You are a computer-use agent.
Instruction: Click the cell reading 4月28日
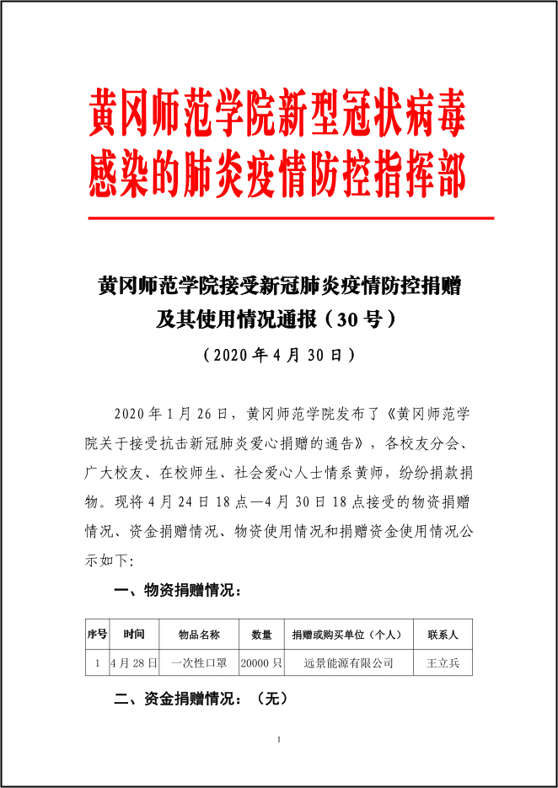(x=134, y=662)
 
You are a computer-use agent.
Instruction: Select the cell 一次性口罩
(x=199, y=662)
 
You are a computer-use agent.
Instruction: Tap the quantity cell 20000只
(x=261, y=662)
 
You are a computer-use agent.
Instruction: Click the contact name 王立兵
(x=443, y=662)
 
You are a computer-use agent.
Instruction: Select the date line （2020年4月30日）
(x=279, y=354)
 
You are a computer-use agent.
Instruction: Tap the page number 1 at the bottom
(x=278, y=740)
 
